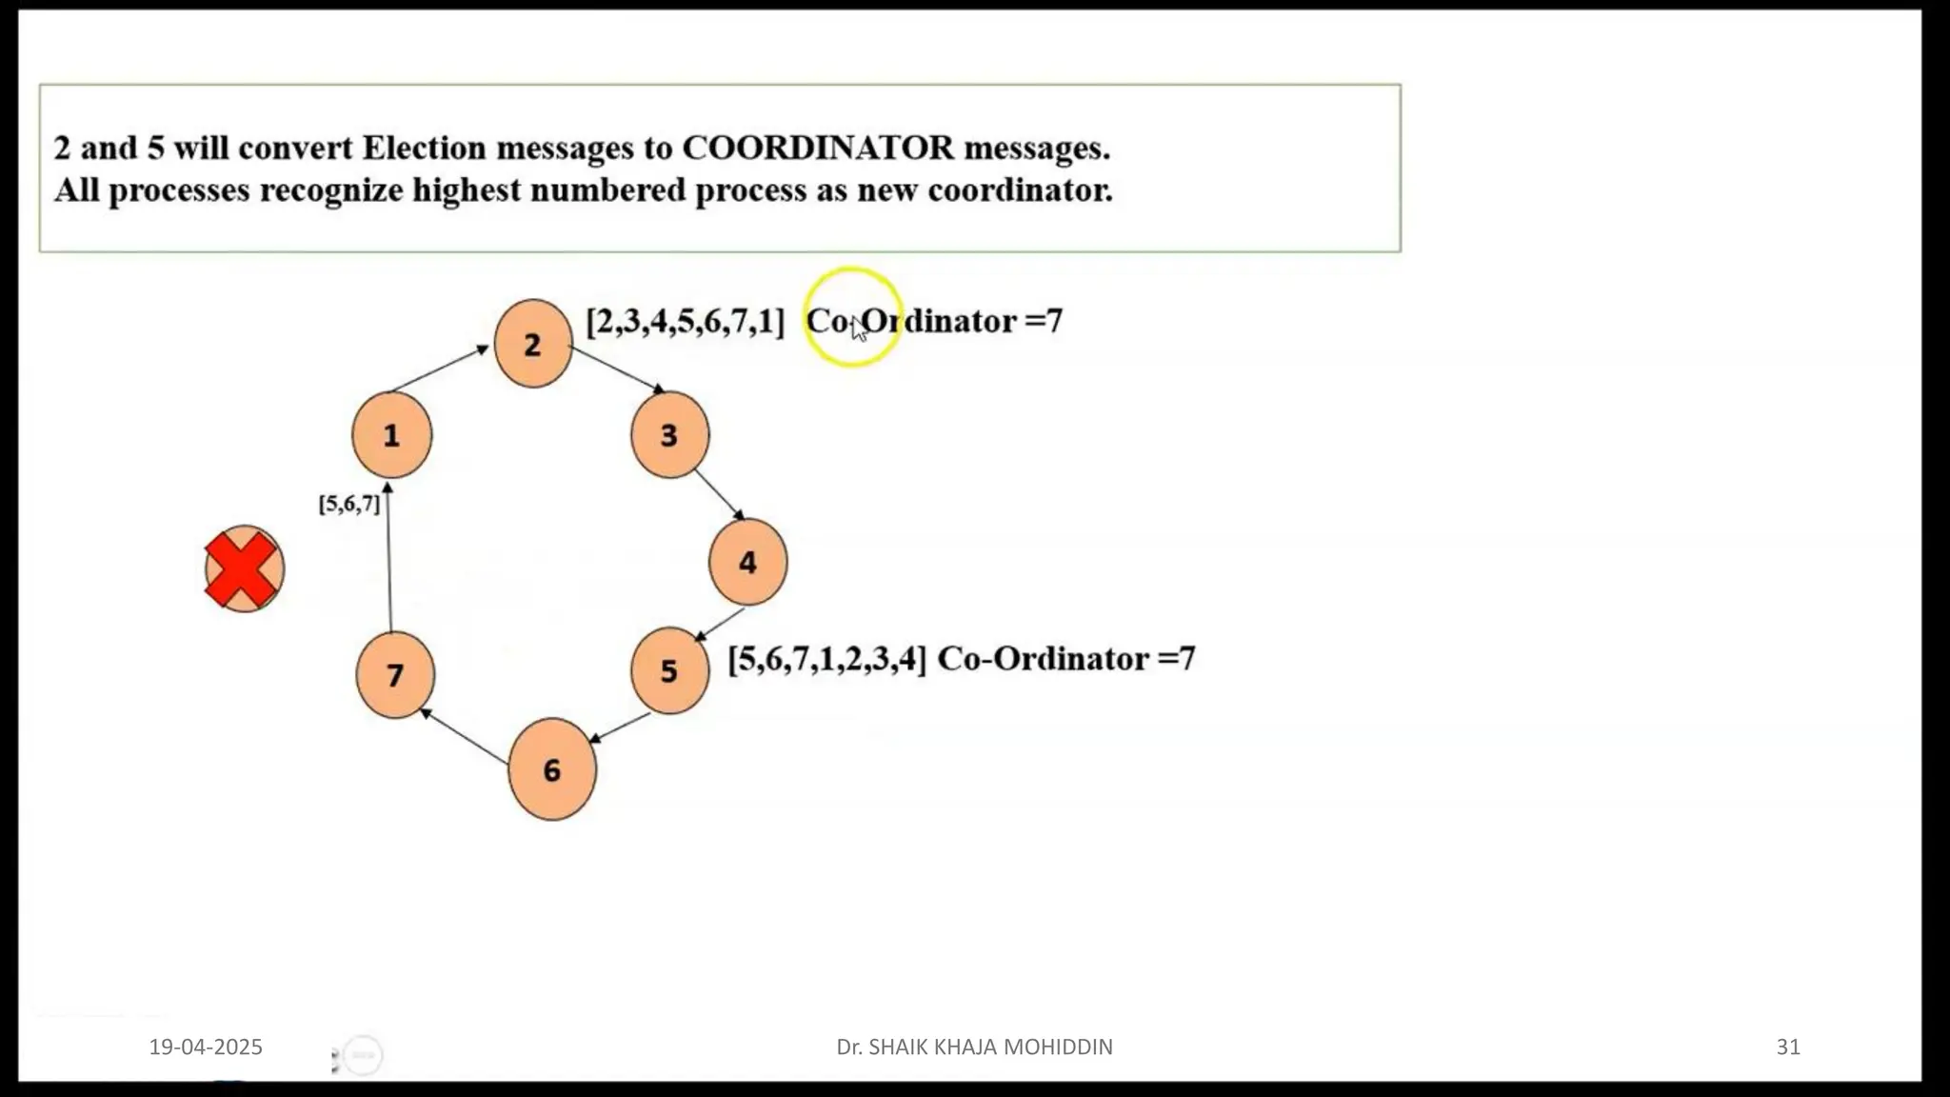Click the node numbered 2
point(533,344)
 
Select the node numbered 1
point(391,435)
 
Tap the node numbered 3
point(669,435)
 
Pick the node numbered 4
point(747,562)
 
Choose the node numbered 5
point(669,670)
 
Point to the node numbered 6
point(552,769)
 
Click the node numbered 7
point(395,675)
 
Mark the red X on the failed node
point(243,569)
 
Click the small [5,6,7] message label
point(349,504)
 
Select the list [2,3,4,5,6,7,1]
point(686,322)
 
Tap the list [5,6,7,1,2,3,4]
point(826,659)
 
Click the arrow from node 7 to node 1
point(388,557)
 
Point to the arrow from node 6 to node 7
point(465,736)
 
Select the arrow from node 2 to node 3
point(618,369)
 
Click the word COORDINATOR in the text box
point(818,148)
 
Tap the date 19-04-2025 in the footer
point(206,1047)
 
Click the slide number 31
point(1788,1047)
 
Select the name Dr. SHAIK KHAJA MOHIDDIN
point(974,1047)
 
